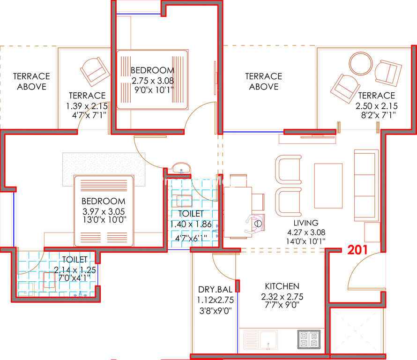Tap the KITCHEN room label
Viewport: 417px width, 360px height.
point(282,286)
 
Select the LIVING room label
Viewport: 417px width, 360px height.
point(306,223)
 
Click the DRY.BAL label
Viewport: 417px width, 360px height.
point(215,289)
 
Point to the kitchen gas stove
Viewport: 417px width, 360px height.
point(309,339)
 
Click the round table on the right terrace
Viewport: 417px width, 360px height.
point(361,64)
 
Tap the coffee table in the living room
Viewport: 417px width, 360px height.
point(328,186)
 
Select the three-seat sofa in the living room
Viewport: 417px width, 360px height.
point(366,186)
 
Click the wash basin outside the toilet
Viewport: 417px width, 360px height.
point(181,168)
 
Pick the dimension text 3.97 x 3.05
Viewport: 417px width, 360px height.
point(104,211)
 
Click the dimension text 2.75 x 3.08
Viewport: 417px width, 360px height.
point(153,80)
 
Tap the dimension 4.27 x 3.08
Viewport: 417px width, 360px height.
point(306,232)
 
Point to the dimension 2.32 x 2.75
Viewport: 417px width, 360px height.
point(282,296)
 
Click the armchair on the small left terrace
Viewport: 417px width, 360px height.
point(95,72)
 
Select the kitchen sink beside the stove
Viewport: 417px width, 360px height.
point(261,339)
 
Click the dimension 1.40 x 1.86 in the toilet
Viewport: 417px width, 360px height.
point(191,224)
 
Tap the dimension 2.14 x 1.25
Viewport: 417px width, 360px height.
point(75,270)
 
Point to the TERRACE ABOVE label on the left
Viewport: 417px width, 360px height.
point(31,82)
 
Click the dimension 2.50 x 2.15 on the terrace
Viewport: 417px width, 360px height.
point(377,106)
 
